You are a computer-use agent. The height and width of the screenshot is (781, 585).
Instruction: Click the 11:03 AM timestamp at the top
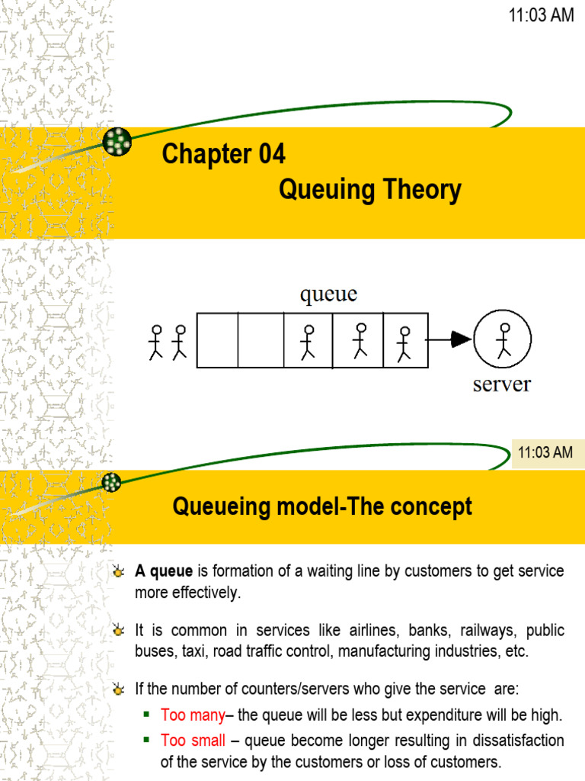pyautogui.click(x=541, y=15)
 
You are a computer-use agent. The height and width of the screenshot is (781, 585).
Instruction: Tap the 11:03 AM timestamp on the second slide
pyautogui.click(x=545, y=452)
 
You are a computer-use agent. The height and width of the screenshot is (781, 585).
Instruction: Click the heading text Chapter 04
pyautogui.click(x=223, y=155)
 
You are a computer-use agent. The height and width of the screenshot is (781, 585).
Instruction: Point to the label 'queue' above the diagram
pyautogui.click(x=328, y=294)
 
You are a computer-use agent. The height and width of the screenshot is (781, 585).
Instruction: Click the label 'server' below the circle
pyautogui.click(x=501, y=384)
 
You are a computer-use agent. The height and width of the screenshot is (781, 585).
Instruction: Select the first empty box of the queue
pyautogui.click(x=218, y=340)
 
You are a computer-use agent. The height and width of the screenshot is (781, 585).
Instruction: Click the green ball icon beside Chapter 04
pyautogui.click(x=117, y=141)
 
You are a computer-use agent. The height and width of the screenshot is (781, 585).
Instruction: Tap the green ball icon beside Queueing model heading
pyautogui.click(x=113, y=482)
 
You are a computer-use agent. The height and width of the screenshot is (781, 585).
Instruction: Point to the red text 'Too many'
pyautogui.click(x=193, y=715)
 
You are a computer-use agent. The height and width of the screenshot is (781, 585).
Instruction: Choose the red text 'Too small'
pyautogui.click(x=193, y=741)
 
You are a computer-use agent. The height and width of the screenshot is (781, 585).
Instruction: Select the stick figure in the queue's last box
pyautogui.click(x=404, y=343)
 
